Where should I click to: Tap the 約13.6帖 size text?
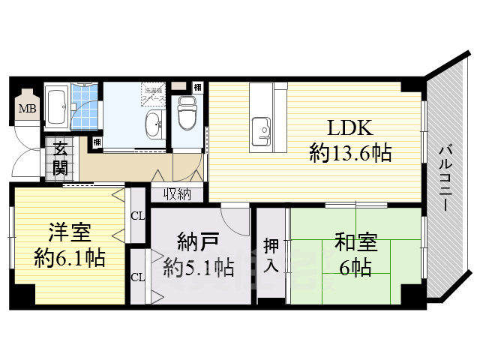point(349,153)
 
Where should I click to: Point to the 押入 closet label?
point(271,254)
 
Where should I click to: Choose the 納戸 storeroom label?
point(197,241)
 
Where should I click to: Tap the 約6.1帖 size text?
point(69,258)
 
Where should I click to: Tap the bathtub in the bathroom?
point(57,106)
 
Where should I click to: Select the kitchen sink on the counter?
point(262,129)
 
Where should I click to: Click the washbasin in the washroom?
point(153,125)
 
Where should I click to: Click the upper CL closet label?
point(138,216)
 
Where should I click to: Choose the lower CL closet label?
point(138,277)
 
